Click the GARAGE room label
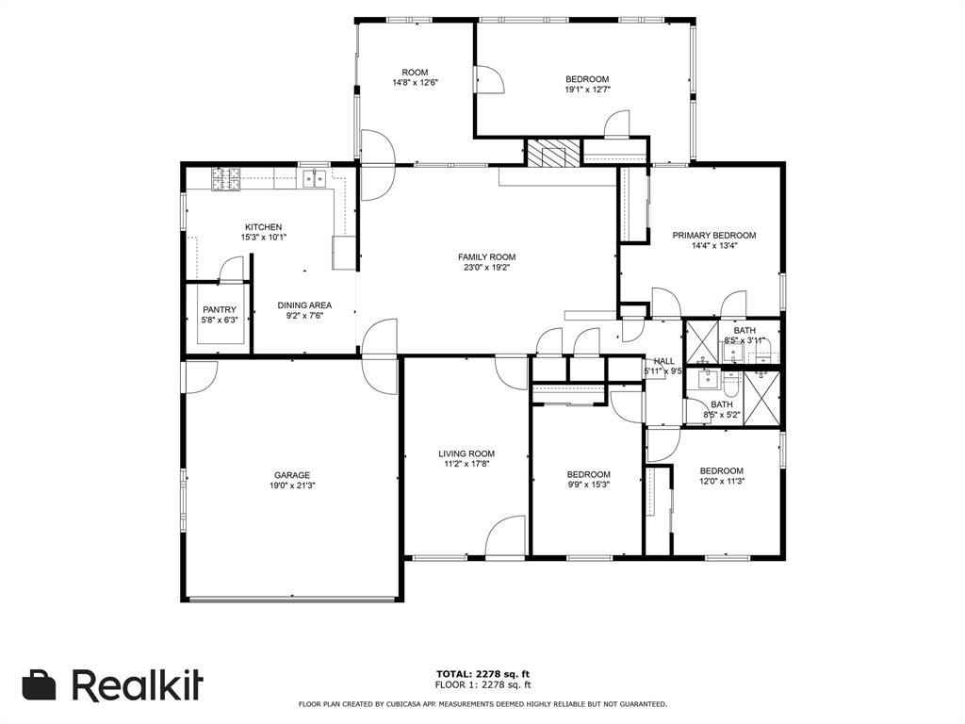click(x=292, y=475)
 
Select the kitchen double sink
click(x=313, y=176)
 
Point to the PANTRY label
click(x=219, y=309)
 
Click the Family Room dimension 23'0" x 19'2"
click(x=486, y=268)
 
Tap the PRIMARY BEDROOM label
click(x=713, y=235)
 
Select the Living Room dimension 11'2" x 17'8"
click(x=466, y=464)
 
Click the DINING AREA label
click(x=303, y=304)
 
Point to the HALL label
click(x=663, y=360)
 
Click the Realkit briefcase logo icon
click(x=39, y=685)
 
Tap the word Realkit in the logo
click(x=138, y=685)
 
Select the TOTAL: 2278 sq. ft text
click(x=482, y=673)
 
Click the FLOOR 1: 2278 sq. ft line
click(x=482, y=684)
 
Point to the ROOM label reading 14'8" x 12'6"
click(x=415, y=83)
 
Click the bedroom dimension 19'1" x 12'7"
click(x=587, y=90)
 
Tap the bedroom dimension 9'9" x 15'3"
click(x=588, y=485)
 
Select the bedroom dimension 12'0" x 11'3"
click(x=721, y=482)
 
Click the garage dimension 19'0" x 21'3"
click(x=292, y=486)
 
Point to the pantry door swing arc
click(x=229, y=271)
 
